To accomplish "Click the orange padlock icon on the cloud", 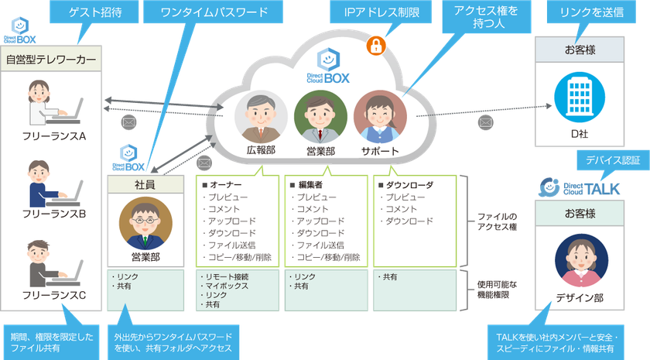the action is coord(376,45).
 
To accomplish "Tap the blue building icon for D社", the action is coord(580,97).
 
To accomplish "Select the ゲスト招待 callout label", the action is coord(94,12).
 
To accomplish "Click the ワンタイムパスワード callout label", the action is coord(214,12).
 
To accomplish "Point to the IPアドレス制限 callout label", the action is coord(381,12).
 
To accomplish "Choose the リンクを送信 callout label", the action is coord(591,12).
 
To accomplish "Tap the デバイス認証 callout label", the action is coord(613,160).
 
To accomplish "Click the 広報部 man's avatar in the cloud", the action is coord(261,117).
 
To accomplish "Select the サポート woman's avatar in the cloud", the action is coord(380,117).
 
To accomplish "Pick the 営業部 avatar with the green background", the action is coord(320,117).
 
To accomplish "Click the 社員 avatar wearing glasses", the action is coord(145,223).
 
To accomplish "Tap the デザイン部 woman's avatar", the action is coord(582,260).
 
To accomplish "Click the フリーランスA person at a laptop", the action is coord(54,103).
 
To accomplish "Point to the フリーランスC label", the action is coord(54,295).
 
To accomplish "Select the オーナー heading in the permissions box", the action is coord(222,185).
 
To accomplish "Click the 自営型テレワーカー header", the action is coord(51,59).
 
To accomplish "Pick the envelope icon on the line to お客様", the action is coord(485,122).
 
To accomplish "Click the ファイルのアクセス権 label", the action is coord(497,221).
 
